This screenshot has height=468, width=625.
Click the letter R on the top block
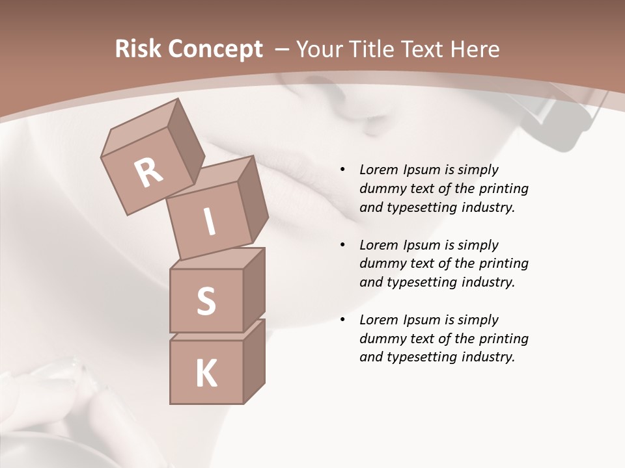pyautogui.click(x=149, y=172)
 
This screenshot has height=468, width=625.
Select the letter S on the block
pyautogui.click(x=206, y=301)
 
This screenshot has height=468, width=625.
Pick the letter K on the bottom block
pyautogui.click(x=206, y=374)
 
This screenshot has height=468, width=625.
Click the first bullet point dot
pyautogui.click(x=342, y=170)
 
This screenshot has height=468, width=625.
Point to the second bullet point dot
pyautogui.click(x=342, y=245)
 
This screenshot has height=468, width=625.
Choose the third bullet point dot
pyautogui.click(x=342, y=320)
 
